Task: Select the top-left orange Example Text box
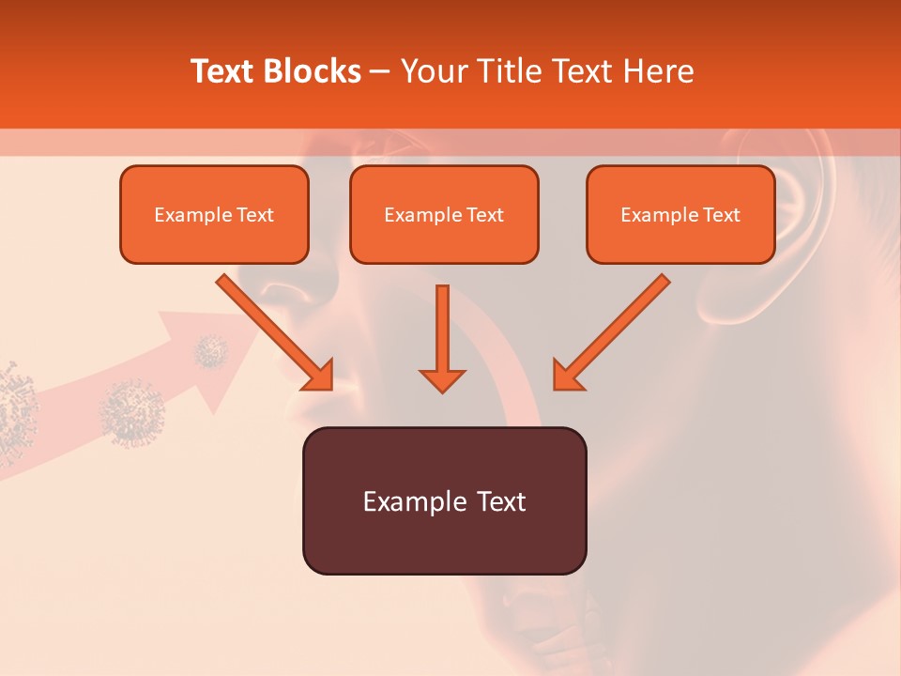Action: tap(214, 214)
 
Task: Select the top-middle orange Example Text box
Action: tap(444, 214)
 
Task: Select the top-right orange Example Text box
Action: tap(680, 214)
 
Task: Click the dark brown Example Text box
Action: tap(444, 500)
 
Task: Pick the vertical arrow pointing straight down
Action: tap(442, 338)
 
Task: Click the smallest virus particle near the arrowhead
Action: tap(211, 352)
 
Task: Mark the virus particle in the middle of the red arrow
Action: tap(132, 411)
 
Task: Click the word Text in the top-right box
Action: tap(721, 214)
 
